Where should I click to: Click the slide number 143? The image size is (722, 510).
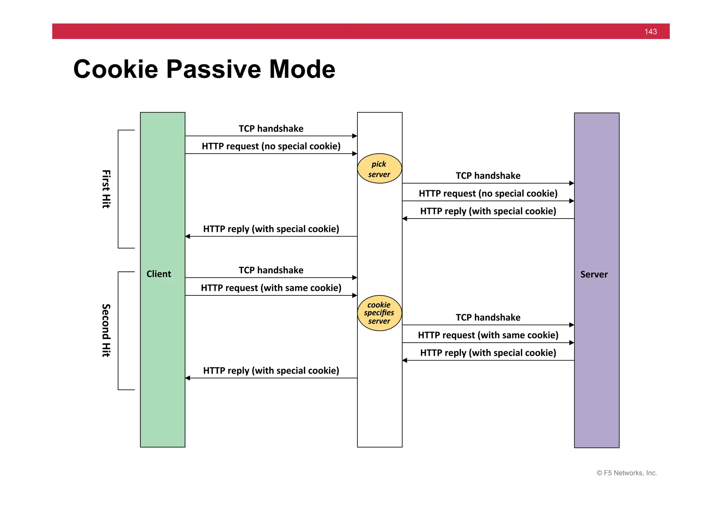pos(650,32)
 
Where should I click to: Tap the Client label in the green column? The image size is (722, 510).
pos(159,274)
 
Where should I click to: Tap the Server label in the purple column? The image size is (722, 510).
pos(594,274)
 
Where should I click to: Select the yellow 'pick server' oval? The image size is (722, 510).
pos(379,169)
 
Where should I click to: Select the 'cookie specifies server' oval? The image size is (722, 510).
pos(379,313)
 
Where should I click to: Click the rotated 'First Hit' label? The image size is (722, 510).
pos(106,189)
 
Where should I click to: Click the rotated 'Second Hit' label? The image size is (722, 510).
pos(106,330)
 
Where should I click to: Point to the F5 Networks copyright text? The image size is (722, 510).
pos(626,473)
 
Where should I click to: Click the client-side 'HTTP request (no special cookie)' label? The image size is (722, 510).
pos(271,146)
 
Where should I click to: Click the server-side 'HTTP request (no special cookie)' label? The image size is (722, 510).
pos(488,193)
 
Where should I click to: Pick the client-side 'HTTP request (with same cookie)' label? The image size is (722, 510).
pos(271,288)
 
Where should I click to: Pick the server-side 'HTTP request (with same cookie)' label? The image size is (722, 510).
pos(488,335)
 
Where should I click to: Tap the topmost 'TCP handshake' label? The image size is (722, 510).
pos(271,129)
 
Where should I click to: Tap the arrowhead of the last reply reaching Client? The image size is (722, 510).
pos(188,378)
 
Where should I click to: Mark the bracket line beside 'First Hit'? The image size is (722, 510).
pos(118,189)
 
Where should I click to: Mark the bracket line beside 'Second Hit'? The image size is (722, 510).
pos(118,331)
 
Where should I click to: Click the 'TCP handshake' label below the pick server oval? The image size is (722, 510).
pos(488,176)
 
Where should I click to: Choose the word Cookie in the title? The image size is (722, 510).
pos(116,69)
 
